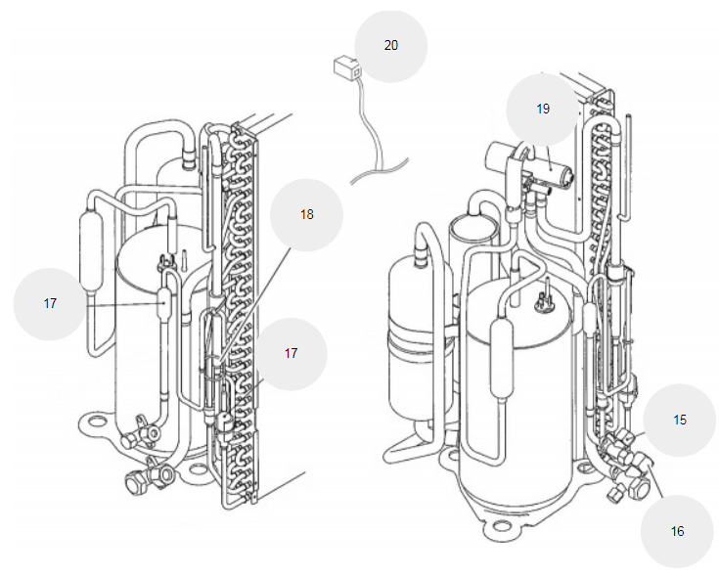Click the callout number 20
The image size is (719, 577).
click(391, 45)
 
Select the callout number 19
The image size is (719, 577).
click(543, 109)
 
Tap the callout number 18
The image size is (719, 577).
click(307, 214)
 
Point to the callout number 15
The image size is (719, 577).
click(680, 420)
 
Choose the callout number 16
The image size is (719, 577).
click(677, 531)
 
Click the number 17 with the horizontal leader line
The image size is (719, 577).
click(50, 303)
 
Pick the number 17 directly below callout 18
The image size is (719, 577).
click(291, 353)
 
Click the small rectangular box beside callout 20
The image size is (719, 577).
click(346, 67)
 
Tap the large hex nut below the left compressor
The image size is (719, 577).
click(136, 482)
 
